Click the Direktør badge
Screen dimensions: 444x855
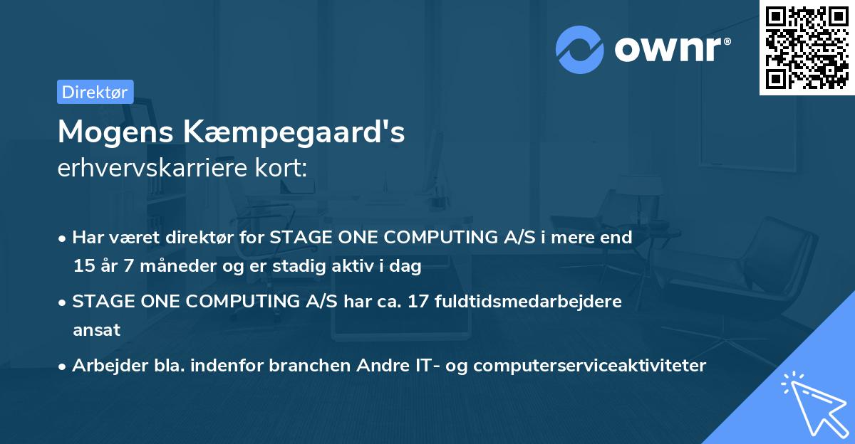pos(95,92)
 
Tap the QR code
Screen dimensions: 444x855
pos(807,47)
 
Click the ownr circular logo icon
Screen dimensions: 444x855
pos(580,49)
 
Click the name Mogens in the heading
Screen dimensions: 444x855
pos(115,132)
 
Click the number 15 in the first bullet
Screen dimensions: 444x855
pos(83,267)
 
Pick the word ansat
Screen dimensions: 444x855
pos(96,330)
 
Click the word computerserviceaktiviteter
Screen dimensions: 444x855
pos(589,366)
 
